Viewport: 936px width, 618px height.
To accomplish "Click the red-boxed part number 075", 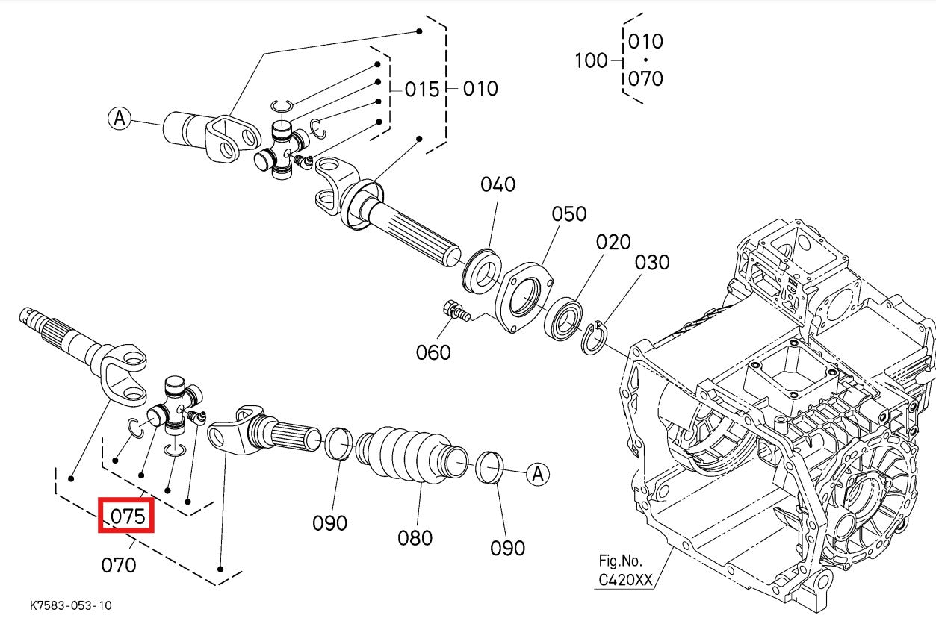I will (126, 516).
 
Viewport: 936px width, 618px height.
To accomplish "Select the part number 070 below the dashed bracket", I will (119, 565).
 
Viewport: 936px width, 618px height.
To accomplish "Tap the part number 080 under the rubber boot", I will (415, 537).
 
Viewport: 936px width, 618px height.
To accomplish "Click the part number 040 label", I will (498, 184).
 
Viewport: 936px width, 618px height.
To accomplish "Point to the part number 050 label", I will (569, 214).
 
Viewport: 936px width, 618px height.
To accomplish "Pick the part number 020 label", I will (613, 242).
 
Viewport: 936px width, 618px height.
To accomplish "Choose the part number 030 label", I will (652, 263).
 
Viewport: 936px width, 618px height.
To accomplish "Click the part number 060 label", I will (433, 352).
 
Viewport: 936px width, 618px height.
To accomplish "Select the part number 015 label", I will (422, 90).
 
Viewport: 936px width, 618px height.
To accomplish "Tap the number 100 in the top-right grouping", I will (591, 60).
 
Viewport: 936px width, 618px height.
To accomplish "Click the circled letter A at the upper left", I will (120, 118).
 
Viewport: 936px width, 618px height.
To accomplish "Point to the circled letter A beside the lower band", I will (538, 473).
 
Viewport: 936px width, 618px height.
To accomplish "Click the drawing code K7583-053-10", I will (72, 605).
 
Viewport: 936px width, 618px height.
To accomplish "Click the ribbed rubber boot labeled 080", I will (408, 455).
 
